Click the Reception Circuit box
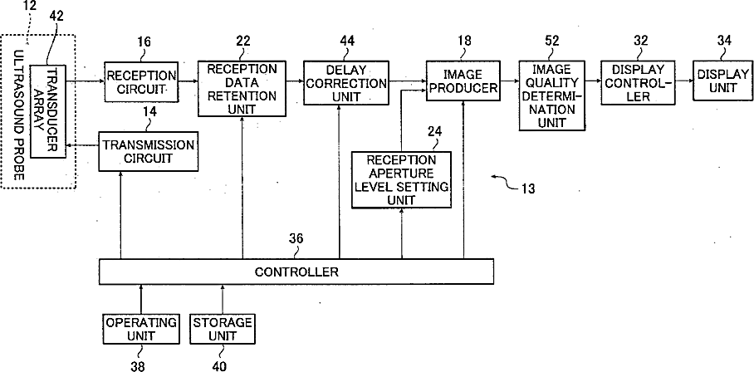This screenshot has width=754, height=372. pos(141,81)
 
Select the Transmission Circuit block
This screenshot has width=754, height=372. pos(149,151)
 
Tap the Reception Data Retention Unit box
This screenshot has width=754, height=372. pos(242,89)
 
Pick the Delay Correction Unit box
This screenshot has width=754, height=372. pos(345,83)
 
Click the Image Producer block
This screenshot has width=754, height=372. pos(462,81)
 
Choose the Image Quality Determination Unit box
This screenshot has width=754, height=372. pos(552,95)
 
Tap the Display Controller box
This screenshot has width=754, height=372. pos(634,83)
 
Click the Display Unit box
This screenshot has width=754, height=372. pos(722,81)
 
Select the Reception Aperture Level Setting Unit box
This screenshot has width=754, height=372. pos(402,179)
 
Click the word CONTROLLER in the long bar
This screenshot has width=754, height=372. pos(296,272)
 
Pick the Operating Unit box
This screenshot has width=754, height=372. pos(141,329)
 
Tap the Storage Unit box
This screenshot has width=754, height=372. pos(223,329)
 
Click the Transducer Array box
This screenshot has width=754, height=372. pos(47,110)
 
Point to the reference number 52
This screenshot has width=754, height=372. pos(552,41)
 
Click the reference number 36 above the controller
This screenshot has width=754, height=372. pos(296,239)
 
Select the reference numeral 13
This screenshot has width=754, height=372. pos(527,188)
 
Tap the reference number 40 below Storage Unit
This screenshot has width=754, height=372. pos(218,366)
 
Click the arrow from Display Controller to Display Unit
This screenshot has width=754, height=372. pos(680,81)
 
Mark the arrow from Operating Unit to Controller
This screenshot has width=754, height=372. pos(141,298)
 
